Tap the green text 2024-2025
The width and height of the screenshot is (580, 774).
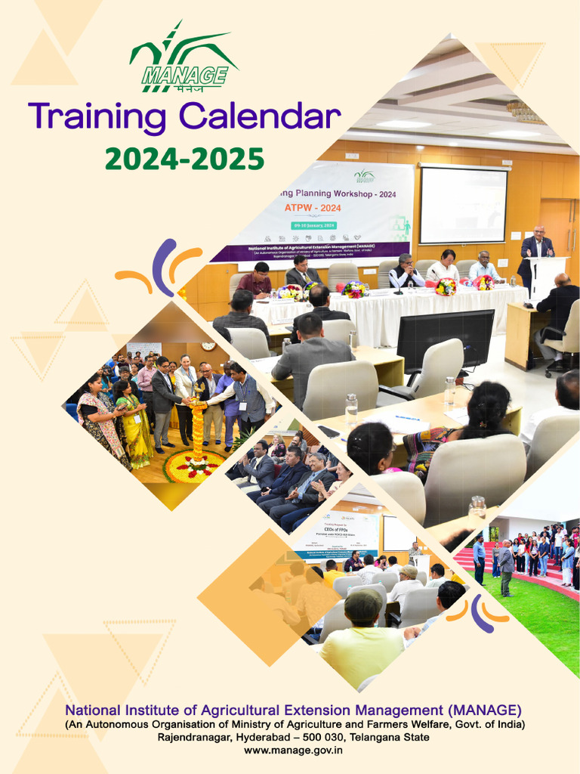point(184,159)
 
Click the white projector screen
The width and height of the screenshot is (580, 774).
point(463,205)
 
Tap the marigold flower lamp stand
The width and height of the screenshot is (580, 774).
point(199,431)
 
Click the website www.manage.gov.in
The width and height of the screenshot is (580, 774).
point(293,751)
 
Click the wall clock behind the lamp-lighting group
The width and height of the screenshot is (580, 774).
point(208,345)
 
